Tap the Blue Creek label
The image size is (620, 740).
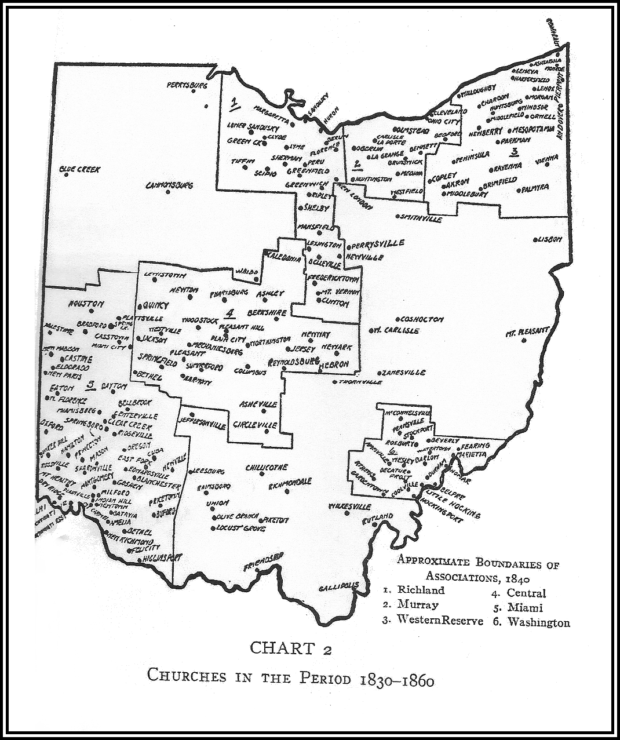tap(80, 170)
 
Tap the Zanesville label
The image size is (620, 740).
tap(404, 373)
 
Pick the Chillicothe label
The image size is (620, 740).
tap(267, 468)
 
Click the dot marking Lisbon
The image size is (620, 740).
tap(535, 239)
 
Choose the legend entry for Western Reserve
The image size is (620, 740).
tap(432, 619)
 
